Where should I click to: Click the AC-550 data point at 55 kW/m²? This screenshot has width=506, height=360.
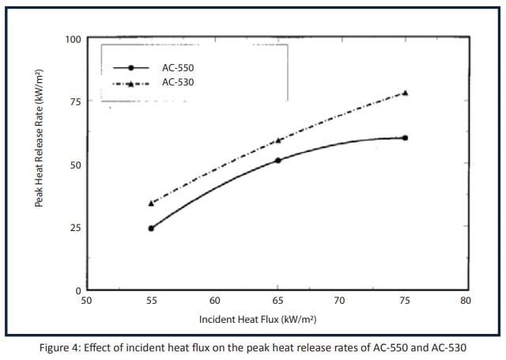[x=151, y=228]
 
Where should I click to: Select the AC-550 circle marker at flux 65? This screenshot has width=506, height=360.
[x=278, y=160]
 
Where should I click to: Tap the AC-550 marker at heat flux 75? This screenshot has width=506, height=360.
[x=405, y=138]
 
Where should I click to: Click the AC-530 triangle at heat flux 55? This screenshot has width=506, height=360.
[x=151, y=203]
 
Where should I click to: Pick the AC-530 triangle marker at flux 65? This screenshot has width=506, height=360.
[x=278, y=141]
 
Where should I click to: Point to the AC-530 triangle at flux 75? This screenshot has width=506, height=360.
[x=405, y=93]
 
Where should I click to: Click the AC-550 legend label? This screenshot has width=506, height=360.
[x=178, y=68]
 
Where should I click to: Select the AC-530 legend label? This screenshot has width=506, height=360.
[x=178, y=81]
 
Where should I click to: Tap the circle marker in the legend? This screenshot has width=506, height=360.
[x=131, y=68]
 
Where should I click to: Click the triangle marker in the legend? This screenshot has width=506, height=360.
[x=131, y=82]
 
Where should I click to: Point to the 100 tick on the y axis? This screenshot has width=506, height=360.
[x=72, y=39]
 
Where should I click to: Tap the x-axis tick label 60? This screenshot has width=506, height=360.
[x=214, y=301]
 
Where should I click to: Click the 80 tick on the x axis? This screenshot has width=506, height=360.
[x=465, y=301]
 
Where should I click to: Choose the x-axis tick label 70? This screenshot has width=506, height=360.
[x=340, y=301]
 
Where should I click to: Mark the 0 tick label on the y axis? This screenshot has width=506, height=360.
[x=77, y=290]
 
